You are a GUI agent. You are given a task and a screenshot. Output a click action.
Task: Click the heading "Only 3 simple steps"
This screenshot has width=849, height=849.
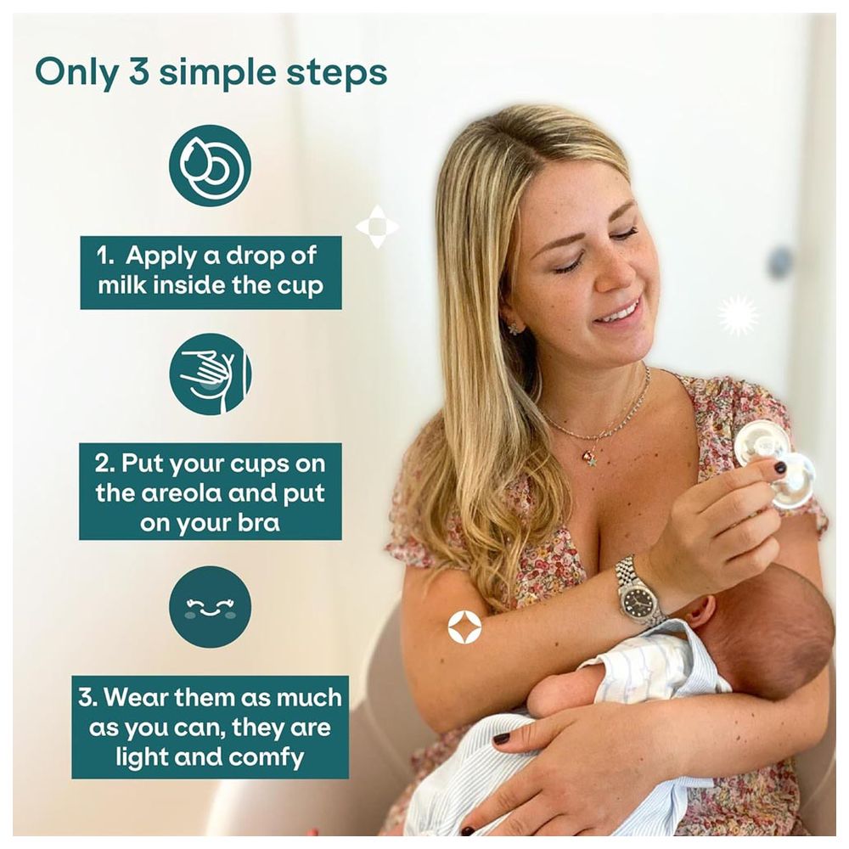coord(211,73)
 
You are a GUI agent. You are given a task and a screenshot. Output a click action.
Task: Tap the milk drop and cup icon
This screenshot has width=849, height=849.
coord(210,166)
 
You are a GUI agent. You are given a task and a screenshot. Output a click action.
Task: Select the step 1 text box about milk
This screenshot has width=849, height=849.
coord(211,273)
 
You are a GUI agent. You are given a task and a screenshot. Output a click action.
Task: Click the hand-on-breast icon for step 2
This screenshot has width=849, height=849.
coord(210,374)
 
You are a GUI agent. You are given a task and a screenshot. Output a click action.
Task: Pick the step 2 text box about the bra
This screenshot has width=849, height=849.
coord(211,492)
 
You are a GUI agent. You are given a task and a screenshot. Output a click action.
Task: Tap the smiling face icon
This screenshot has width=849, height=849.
coord(210,607)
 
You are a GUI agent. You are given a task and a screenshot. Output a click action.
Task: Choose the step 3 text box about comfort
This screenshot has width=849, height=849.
coord(211,727)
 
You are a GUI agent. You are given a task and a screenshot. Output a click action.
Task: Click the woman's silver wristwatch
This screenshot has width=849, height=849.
coord(639,591)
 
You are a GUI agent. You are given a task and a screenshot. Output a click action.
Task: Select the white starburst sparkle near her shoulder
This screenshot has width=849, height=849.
coord(738,316)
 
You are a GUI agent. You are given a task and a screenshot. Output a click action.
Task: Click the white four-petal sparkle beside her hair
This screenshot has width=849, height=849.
coord(377,227)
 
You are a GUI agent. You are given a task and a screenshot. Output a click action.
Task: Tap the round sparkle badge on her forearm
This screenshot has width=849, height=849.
coord(464,628)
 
